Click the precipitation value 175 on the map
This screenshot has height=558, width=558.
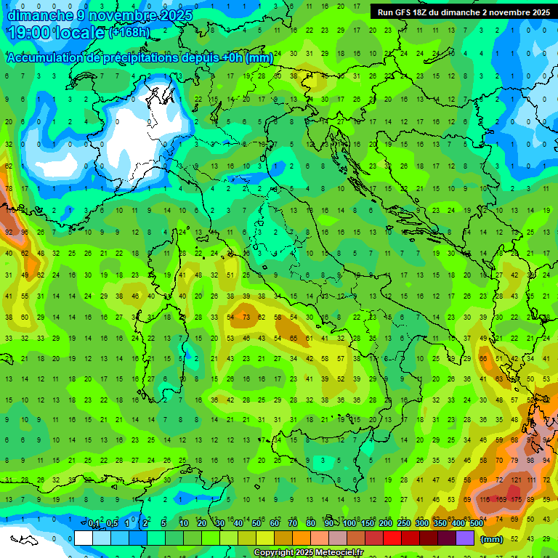[x=517, y=500]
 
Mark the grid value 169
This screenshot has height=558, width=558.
[x=501, y=500]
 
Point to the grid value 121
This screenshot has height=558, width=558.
[x=517, y=480]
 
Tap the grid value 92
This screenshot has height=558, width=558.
[x=9, y=232]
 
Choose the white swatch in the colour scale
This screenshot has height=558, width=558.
[x=84, y=538]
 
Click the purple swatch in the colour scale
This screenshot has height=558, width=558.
[x=465, y=538]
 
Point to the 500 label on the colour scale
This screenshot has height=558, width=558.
[x=476, y=524]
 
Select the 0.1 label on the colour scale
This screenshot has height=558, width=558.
[x=94, y=524]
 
